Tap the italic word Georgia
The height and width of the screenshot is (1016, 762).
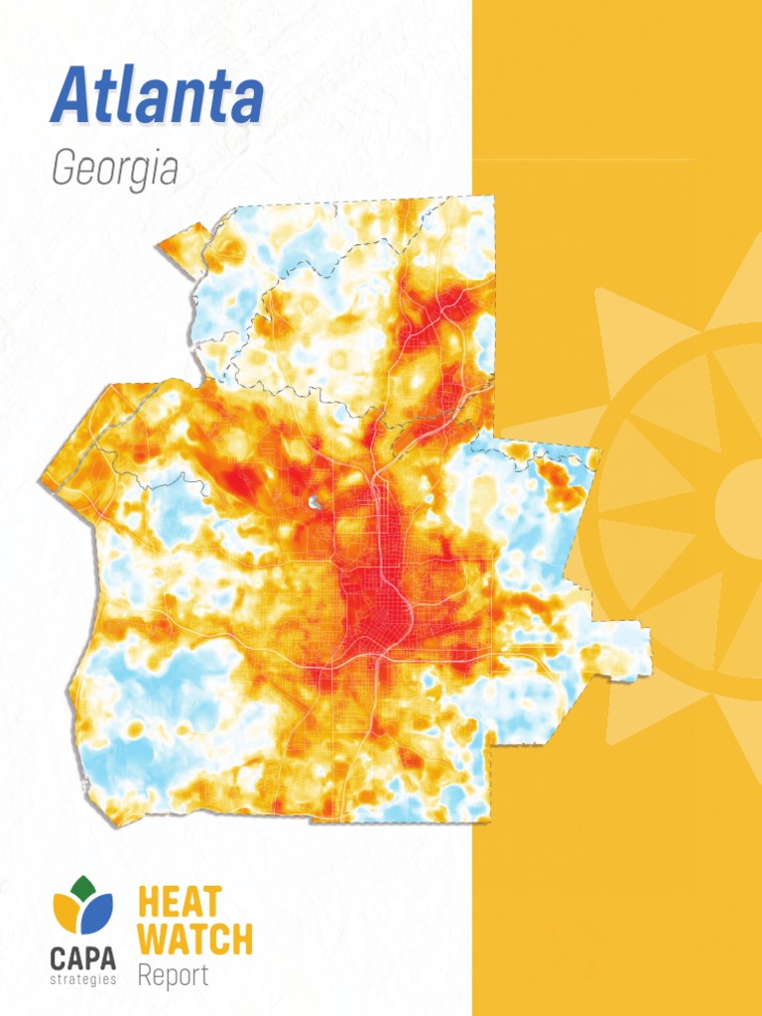pos(114,170)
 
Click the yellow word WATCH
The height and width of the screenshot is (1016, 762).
pos(194,939)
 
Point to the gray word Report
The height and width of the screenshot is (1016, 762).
pos(173,975)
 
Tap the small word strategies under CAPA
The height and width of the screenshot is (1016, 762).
pos(83,979)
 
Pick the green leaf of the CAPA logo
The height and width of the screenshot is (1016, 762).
pos(84,886)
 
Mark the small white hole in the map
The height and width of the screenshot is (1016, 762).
pos(315,503)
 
